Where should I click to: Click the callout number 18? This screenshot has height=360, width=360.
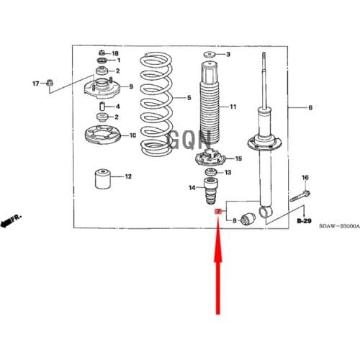point(115,53)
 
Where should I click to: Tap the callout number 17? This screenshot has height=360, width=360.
point(34,84)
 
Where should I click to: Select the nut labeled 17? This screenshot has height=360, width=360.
point(49,83)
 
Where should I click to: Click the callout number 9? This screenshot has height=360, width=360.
point(130,87)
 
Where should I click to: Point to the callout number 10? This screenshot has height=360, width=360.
point(132,135)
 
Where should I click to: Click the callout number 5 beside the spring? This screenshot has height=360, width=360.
point(189,98)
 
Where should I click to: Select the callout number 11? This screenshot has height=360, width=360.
point(233,107)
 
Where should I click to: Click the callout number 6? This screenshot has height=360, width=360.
point(310,108)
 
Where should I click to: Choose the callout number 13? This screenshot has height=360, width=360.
point(228,173)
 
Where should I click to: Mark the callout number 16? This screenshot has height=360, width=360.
point(305,177)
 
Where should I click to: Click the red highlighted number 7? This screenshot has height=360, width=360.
point(218,210)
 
